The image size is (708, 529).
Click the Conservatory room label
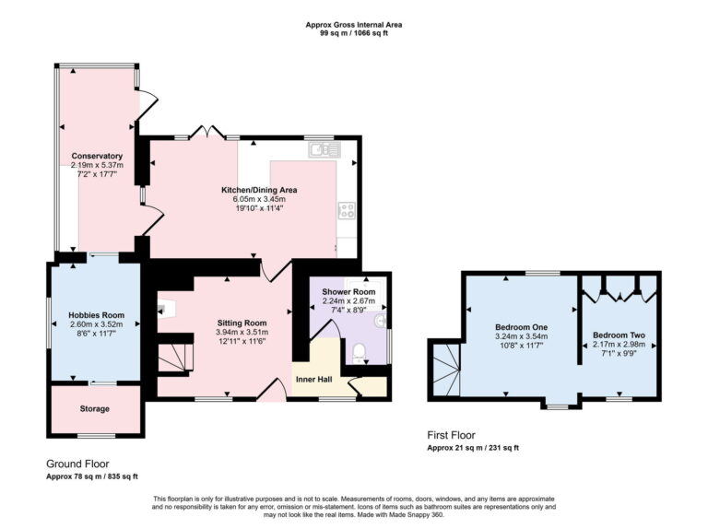(97, 156)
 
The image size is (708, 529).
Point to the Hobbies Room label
(96, 315)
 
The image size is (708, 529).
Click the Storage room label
(95, 408)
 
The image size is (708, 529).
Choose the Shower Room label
(348, 291)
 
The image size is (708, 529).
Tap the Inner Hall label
(313, 379)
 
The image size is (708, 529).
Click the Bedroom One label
(522, 327)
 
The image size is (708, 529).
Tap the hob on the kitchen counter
(348, 211)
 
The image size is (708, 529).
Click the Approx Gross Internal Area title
(354, 25)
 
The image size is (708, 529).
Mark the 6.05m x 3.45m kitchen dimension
(259, 199)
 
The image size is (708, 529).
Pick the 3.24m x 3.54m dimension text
(522, 336)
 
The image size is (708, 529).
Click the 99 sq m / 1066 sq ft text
(354, 33)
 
